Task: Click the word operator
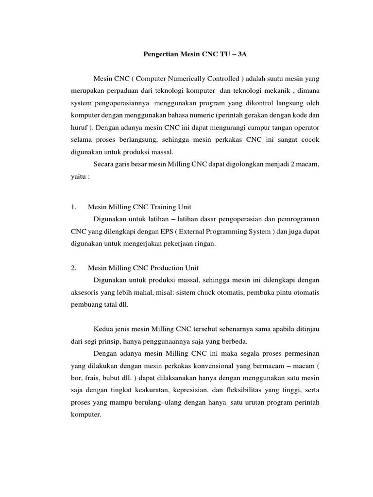[x=305, y=127]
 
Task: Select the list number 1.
[x=74, y=207]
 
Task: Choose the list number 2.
[x=74, y=268]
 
